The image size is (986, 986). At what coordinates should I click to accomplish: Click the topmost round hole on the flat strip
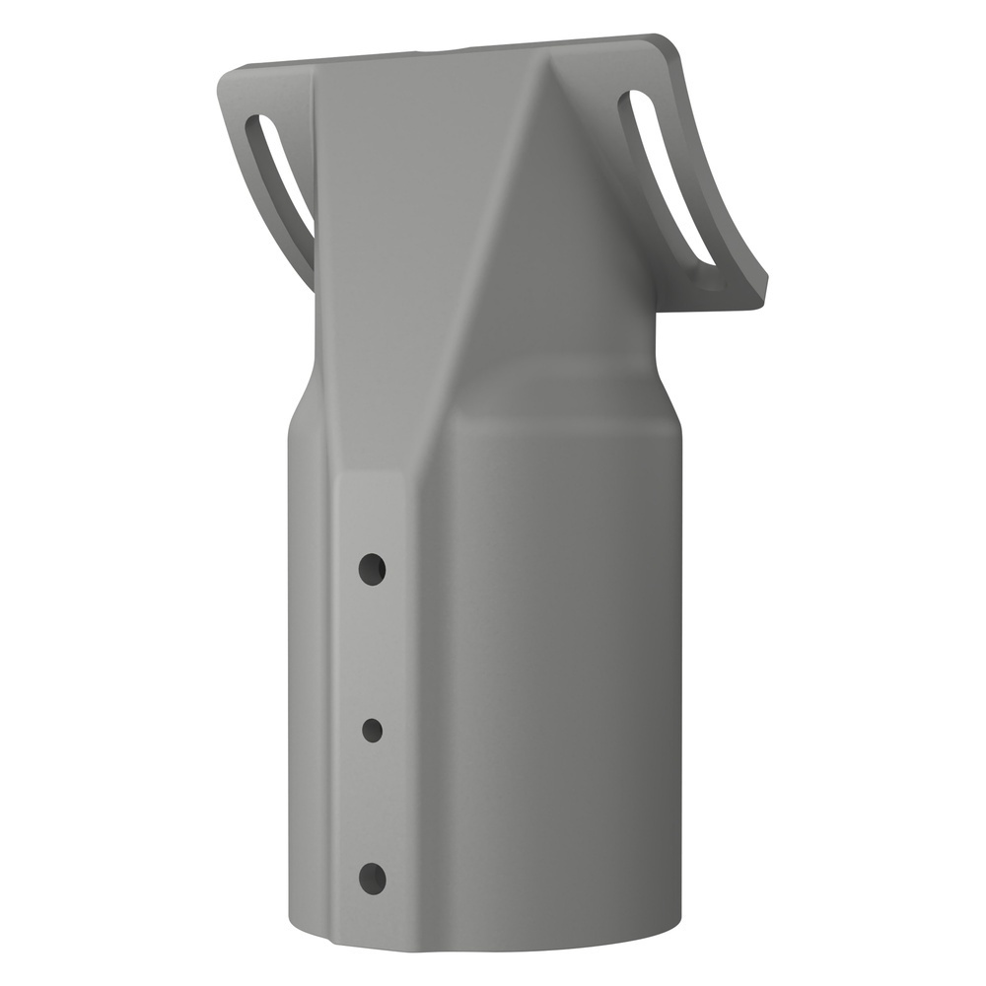point(372,569)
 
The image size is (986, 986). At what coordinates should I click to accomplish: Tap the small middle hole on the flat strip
point(372,731)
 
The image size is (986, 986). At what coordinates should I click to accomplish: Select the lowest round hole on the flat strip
point(372,878)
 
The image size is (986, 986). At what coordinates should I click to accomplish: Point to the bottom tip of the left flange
point(314,286)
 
